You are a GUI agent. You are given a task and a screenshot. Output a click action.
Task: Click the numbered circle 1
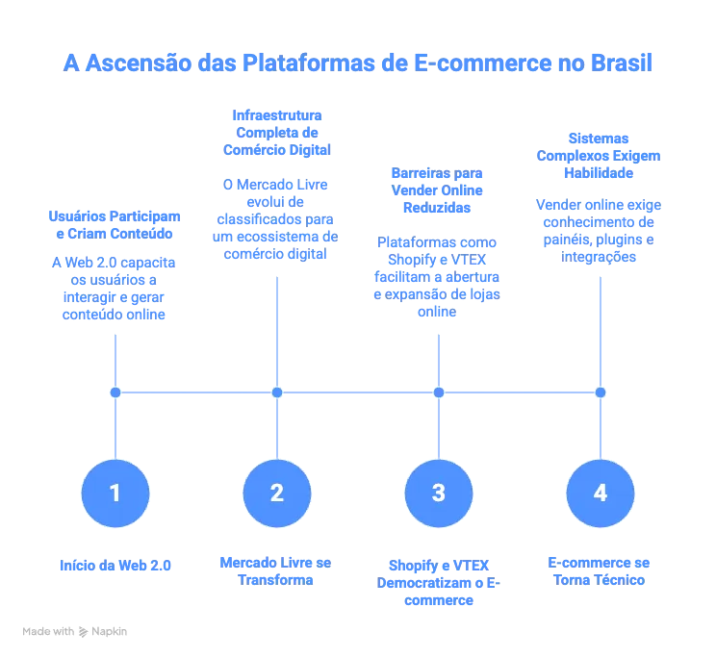(115, 493)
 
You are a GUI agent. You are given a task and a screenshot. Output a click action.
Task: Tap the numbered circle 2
(277, 493)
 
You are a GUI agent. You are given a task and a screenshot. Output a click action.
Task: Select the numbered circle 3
(439, 493)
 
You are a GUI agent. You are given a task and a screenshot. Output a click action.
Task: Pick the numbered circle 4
(601, 493)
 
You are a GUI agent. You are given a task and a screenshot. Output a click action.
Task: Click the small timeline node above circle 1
(115, 392)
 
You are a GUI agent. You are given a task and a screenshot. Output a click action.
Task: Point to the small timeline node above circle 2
(277, 392)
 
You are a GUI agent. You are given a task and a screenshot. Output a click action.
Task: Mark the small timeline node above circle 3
(439, 392)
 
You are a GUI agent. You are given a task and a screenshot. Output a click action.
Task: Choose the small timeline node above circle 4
(601, 392)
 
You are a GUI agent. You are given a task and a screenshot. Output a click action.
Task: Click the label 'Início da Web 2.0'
(115, 566)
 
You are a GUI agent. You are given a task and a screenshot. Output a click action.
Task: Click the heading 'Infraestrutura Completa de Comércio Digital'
(277, 133)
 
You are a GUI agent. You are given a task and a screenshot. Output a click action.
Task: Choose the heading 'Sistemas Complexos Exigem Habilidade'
(601, 157)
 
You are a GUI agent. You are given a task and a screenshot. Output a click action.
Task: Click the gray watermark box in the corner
(77, 631)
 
